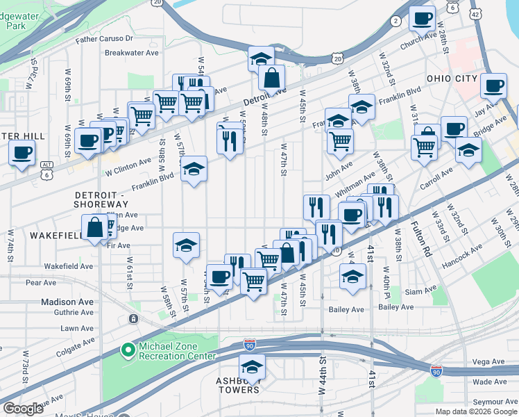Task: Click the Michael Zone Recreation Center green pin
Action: pyautogui.click(x=128, y=351)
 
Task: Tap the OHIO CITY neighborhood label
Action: pyautogui.click(x=452, y=79)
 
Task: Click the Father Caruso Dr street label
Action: pyautogui.click(x=104, y=39)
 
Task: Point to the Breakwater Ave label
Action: pyautogui.click(x=132, y=52)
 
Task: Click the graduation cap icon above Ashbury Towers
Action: pyautogui.click(x=252, y=367)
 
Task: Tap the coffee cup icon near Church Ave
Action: pyautogui.click(x=421, y=19)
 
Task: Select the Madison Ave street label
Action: pyautogui.click(x=67, y=302)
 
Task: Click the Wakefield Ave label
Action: pyautogui.click(x=68, y=266)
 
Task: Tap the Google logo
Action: pyautogui.click(x=24, y=409)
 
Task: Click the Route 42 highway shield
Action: pyautogui.click(x=475, y=13)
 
